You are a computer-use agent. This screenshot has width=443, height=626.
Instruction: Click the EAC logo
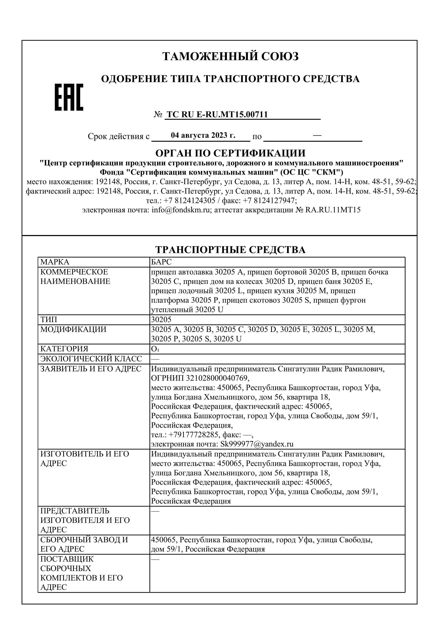coord(69,97)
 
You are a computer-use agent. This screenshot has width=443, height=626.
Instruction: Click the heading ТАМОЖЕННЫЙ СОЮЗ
coord(231,56)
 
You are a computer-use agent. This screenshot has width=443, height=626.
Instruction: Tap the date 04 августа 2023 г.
coord(203,135)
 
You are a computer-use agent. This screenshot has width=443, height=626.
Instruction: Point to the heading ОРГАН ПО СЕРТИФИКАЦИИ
coord(231,153)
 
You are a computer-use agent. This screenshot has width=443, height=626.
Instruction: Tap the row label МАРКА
coord(55,262)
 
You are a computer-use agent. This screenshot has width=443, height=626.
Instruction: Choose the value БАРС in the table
coord(161,262)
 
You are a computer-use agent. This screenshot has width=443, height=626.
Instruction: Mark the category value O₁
coord(155,349)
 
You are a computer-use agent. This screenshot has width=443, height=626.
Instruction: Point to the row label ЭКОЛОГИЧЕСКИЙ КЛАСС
coord(91,359)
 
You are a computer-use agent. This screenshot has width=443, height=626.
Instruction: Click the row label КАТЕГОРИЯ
coord(64,349)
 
